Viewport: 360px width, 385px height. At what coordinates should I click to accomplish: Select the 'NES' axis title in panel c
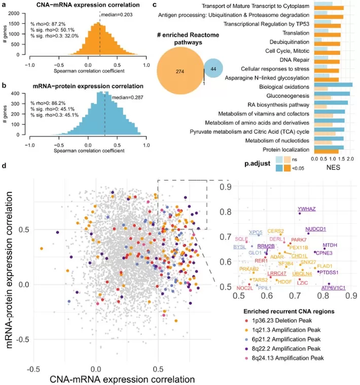point(333,168)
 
